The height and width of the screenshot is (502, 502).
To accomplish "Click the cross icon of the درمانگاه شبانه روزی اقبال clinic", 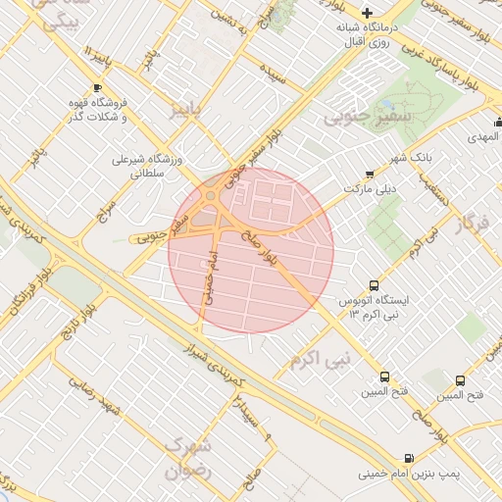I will point(367,14).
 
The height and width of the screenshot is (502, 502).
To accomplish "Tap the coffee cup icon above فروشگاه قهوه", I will point(96,89).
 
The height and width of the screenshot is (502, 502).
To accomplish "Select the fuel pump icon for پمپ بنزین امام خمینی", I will point(408,458).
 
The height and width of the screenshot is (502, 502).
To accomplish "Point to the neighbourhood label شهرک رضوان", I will point(187,457).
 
